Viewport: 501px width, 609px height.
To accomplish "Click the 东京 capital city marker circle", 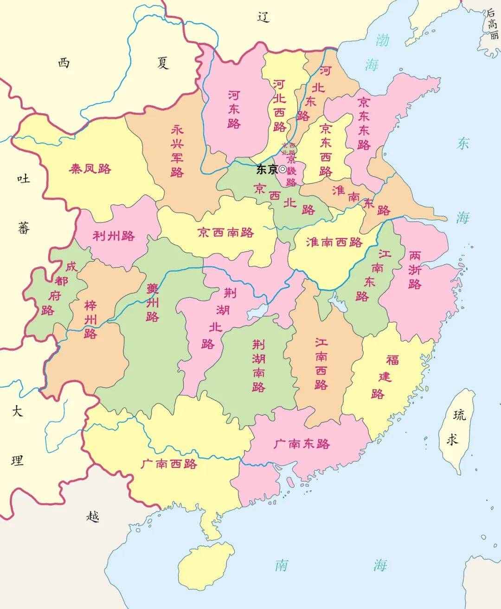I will click(283, 169).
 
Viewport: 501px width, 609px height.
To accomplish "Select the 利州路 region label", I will click(114, 236).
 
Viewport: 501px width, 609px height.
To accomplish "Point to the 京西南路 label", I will click(226, 232).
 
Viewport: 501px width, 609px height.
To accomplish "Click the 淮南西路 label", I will click(334, 242).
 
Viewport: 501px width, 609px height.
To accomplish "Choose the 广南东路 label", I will click(302, 444).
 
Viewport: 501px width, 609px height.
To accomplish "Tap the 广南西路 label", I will click(169, 463).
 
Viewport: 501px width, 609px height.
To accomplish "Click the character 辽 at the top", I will click(263, 17).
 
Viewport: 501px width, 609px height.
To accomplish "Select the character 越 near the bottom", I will click(93, 516).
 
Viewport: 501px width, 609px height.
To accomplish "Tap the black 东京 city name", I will click(267, 169).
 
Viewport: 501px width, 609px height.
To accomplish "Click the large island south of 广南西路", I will click(199, 566).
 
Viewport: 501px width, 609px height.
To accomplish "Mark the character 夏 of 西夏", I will click(163, 63).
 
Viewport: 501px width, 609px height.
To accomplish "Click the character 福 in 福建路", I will click(392, 360).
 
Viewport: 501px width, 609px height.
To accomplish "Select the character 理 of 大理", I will click(17, 460).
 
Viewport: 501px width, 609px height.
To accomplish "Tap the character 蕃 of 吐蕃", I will click(24, 228).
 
